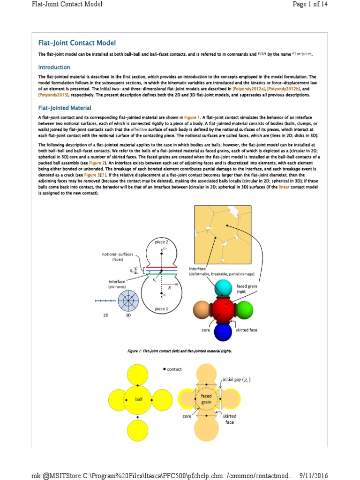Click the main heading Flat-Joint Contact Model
[x=77, y=43]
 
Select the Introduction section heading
[x=54, y=67]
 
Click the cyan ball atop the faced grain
[x=223, y=287]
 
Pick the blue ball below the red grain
[x=223, y=331]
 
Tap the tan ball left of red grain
[x=201, y=310]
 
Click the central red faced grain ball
[x=223, y=309]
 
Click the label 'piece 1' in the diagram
[x=161, y=309]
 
